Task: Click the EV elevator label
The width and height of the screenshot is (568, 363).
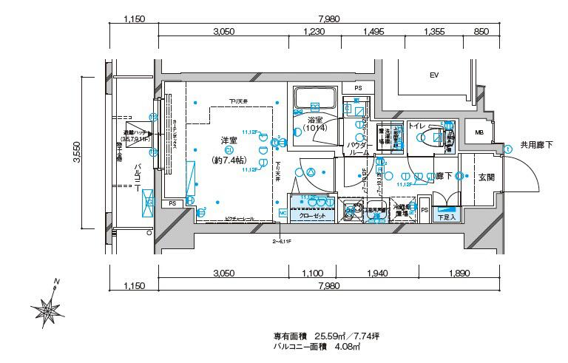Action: click(434, 75)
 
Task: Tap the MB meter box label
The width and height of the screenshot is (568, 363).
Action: click(479, 133)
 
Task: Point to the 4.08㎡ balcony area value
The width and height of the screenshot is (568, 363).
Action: click(348, 346)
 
